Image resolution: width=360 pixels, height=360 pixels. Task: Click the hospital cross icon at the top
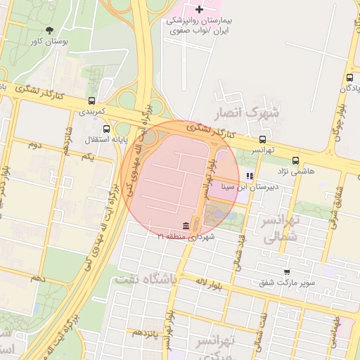click(x=200, y=9)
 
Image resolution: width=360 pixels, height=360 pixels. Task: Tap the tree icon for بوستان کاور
click(x=49, y=30)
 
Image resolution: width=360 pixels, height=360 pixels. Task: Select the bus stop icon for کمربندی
click(x=91, y=101)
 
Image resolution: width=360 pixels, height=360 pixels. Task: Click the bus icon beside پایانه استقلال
click(x=106, y=129)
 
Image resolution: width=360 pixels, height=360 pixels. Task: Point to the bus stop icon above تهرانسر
click(x=262, y=139)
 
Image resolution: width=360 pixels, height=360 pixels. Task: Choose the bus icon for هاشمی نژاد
click(x=295, y=160)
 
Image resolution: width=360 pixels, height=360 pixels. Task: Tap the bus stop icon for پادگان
click(x=349, y=77)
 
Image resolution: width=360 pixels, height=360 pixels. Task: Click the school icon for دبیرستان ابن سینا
click(x=250, y=176)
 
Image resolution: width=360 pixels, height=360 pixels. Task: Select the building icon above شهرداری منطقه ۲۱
click(x=185, y=226)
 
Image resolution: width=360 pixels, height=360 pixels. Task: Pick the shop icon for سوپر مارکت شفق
click(x=286, y=272)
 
